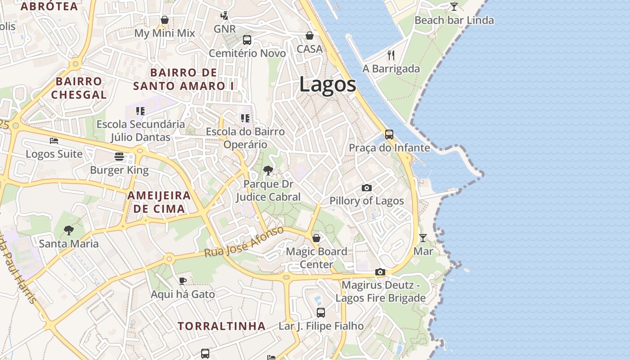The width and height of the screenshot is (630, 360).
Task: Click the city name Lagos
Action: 327,85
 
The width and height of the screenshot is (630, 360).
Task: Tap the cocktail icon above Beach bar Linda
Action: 454,7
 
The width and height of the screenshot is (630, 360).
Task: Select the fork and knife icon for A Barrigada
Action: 391,55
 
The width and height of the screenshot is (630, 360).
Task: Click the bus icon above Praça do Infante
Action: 389,134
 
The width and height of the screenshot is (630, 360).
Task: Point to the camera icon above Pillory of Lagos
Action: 367,188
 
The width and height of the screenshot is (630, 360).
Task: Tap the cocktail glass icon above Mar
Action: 423,238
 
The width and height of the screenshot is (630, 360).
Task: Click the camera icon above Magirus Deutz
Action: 380,272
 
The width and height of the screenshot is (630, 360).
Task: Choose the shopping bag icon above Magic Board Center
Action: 316,238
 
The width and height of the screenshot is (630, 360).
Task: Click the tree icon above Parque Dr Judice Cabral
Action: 268,170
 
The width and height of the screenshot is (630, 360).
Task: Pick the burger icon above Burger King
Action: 119,157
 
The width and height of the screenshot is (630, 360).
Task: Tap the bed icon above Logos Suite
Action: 54,140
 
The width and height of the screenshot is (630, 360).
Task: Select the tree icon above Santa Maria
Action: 68,230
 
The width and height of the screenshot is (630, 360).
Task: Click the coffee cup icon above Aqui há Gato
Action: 182,281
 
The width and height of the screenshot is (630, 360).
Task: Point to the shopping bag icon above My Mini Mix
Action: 165,20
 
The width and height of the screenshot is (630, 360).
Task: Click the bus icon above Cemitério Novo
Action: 247,40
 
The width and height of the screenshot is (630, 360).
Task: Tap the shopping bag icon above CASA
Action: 310,35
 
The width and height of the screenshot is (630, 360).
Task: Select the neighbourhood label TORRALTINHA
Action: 221,326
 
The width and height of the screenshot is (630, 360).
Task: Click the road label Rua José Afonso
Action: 244,242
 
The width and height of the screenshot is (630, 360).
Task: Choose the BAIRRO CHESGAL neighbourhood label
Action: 79,88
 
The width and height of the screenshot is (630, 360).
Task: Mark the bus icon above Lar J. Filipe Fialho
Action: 321,312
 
